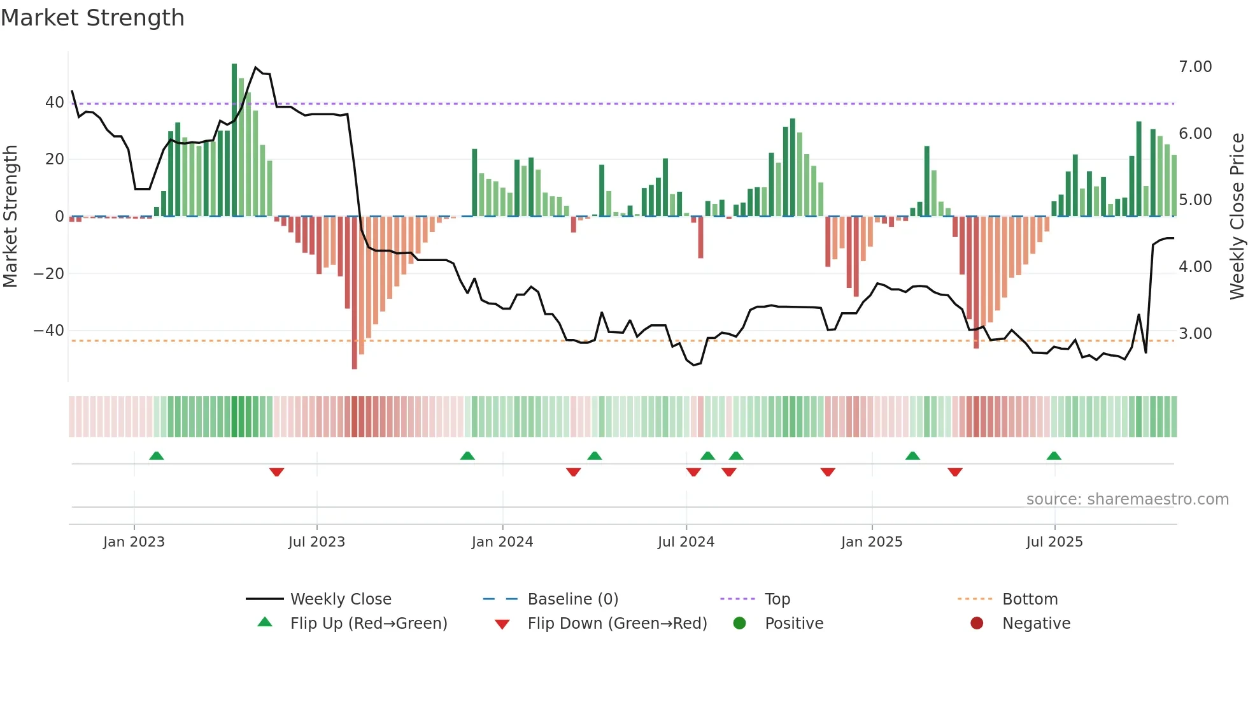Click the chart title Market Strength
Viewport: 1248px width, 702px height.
92,18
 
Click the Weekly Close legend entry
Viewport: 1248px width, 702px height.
340,599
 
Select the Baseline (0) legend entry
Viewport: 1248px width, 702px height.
572,599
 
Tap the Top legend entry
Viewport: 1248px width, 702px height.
777,599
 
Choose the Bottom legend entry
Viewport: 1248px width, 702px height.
1030,599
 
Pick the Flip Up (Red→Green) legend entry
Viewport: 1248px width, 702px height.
368,623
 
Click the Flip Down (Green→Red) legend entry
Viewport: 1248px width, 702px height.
616,623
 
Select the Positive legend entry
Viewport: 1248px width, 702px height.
793,623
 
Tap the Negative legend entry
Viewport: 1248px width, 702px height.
1036,623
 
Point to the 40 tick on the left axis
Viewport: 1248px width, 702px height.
54,103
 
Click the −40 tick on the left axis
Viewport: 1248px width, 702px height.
49,331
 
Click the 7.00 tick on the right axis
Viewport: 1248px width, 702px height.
1195,67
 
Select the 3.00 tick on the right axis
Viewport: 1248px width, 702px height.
1195,334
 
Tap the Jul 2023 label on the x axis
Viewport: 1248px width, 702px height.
316,542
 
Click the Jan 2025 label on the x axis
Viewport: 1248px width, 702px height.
871,542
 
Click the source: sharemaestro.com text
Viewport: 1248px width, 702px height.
1127,499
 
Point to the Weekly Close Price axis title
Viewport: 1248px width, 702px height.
1237,217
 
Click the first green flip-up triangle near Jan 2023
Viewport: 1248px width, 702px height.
157,455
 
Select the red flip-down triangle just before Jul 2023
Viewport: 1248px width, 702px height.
276,472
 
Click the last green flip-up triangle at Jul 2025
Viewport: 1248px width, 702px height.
1054,455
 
